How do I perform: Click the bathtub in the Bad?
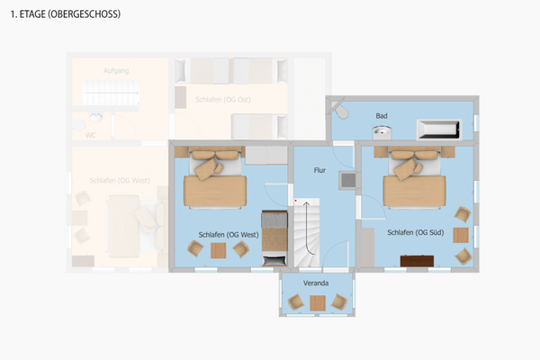pyautogui.click(x=439, y=130)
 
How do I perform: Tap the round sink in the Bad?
pyautogui.click(x=382, y=131)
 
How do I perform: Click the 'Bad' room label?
pyautogui.click(x=382, y=116)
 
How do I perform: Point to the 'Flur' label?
pyautogui.click(x=319, y=168)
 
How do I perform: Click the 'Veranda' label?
pyautogui.click(x=316, y=283)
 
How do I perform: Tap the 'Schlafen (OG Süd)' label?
pyautogui.click(x=413, y=232)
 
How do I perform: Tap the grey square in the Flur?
pyautogui.click(x=347, y=180)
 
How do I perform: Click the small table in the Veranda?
pyautogui.click(x=316, y=303)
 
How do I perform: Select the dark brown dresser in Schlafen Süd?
pyautogui.click(x=417, y=261)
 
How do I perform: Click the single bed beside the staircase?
pyautogui.click(x=273, y=237)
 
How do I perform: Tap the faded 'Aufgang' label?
pyautogui.click(x=117, y=70)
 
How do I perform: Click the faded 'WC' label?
pyautogui.click(x=90, y=135)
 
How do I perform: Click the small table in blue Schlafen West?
pyautogui.click(x=219, y=251)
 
